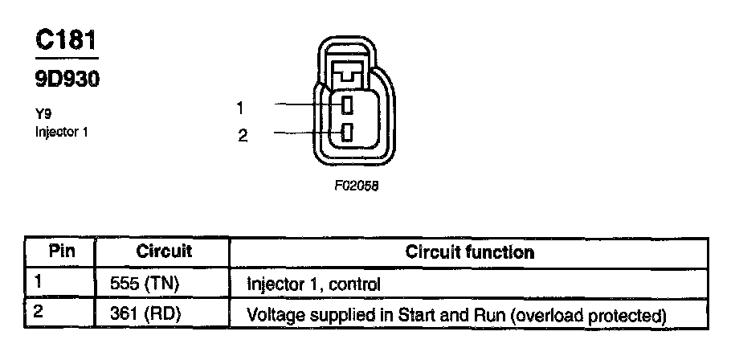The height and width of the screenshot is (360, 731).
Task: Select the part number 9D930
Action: pyautogui.click(x=67, y=80)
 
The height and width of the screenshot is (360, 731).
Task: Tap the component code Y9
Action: pyautogui.click(x=43, y=114)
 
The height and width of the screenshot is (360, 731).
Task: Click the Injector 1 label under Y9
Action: pyautogui.click(x=61, y=131)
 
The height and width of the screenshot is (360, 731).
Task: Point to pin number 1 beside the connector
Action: pyautogui.click(x=241, y=106)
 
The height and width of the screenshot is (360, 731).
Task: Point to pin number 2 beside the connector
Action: pyautogui.click(x=242, y=134)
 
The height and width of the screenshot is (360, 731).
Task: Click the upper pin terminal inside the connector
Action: pyautogui.click(x=347, y=104)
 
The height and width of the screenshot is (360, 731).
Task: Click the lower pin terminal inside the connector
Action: pyautogui.click(x=347, y=133)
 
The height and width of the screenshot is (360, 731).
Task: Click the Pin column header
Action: pyautogui.click(x=62, y=252)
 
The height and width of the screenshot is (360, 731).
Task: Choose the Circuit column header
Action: pyautogui.click(x=163, y=252)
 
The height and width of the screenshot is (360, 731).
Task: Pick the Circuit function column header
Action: pyautogui.click(x=469, y=252)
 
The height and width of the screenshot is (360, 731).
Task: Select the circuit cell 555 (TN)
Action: pyautogui.click(x=149, y=283)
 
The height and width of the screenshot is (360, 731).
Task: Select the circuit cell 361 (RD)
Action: pyautogui.click(x=149, y=313)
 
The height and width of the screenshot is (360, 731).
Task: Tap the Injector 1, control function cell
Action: pyautogui.click(x=313, y=283)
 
